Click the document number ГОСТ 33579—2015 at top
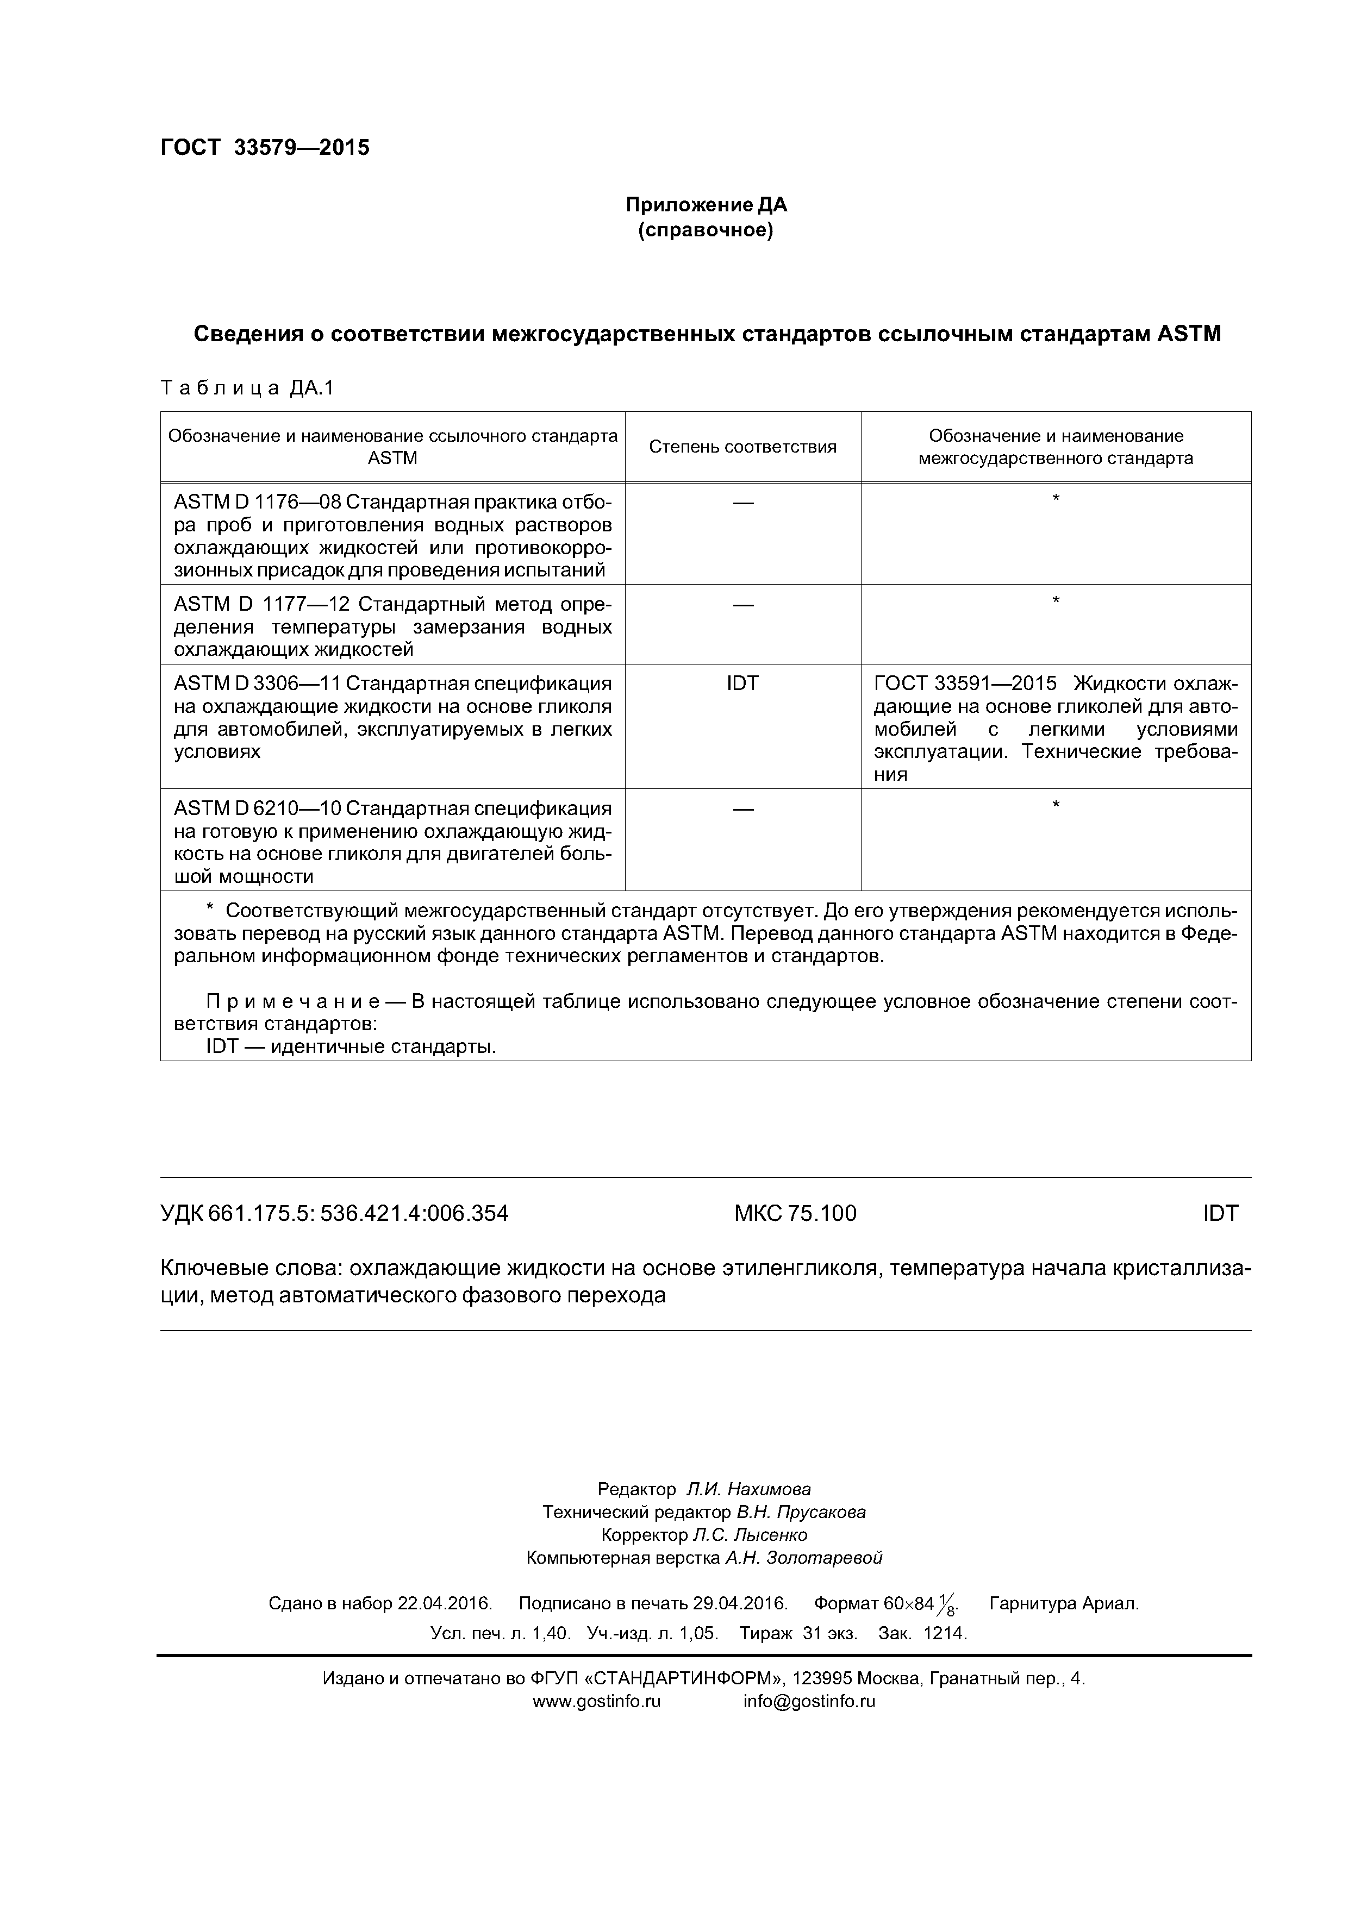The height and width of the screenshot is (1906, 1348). point(264,148)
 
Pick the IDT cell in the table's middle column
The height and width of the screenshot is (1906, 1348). point(742,683)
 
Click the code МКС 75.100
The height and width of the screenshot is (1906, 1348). point(794,1214)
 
